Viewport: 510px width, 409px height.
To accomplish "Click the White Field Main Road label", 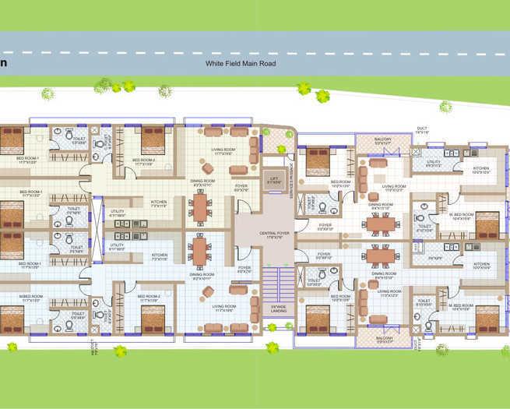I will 242,63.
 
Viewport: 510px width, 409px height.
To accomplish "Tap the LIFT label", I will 273,178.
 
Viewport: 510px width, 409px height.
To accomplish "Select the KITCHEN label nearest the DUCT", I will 481,169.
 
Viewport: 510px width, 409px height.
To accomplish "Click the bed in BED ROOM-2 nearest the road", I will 153,141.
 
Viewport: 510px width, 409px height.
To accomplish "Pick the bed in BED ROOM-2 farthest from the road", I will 153,318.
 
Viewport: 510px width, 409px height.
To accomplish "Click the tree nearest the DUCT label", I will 445,107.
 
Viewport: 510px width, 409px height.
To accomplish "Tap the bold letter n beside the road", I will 4,63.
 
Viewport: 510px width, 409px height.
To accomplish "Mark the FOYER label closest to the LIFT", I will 242,187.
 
